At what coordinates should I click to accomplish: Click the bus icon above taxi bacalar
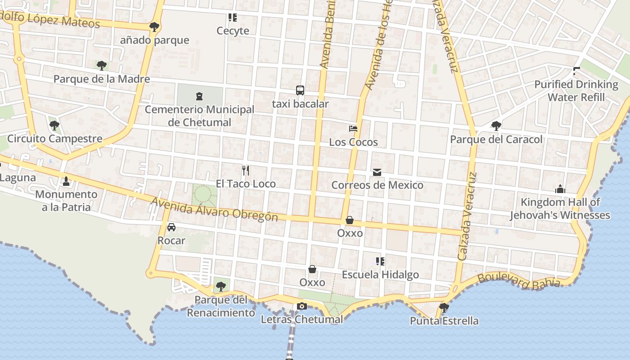(x=300, y=90)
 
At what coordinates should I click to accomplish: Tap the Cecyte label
(x=233, y=31)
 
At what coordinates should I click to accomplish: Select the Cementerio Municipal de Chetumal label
(x=199, y=116)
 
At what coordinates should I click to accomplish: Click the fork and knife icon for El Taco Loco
(x=245, y=170)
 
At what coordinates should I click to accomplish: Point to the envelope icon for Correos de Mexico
(x=377, y=172)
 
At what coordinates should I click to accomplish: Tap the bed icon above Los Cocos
(x=353, y=129)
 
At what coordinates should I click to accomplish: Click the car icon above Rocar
(x=171, y=227)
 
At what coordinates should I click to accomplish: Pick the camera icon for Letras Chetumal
(x=302, y=306)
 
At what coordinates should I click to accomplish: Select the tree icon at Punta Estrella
(x=444, y=308)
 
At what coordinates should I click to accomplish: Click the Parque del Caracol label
(x=496, y=139)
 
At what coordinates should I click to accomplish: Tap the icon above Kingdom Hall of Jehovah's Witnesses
(x=560, y=189)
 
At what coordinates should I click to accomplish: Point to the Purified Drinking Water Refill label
(x=576, y=91)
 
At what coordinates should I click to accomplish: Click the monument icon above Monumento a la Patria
(x=66, y=181)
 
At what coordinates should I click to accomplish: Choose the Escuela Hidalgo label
(x=380, y=274)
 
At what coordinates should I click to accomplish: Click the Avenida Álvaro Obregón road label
(x=214, y=209)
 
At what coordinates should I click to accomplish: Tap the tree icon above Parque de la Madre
(x=102, y=66)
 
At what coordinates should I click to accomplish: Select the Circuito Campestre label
(x=55, y=139)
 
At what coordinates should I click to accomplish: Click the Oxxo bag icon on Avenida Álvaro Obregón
(x=350, y=220)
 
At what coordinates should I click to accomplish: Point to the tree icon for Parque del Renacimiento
(x=220, y=286)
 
